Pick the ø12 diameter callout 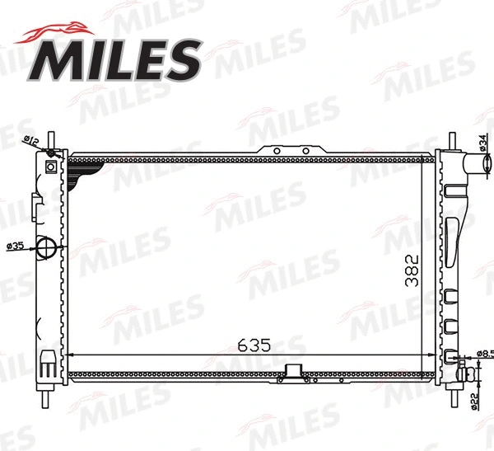[x=32, y=141]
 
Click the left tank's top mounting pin [x=52, y=138]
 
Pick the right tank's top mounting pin [x=451, y=139]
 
